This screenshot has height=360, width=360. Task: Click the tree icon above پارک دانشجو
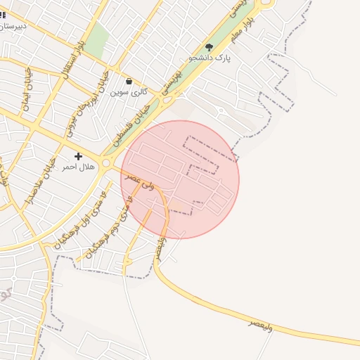coord(209,47)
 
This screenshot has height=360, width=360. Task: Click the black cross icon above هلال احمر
coord(78,155)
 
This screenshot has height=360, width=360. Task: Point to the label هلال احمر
coord(78,167)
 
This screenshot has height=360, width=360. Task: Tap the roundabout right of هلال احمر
coord(106,163)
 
